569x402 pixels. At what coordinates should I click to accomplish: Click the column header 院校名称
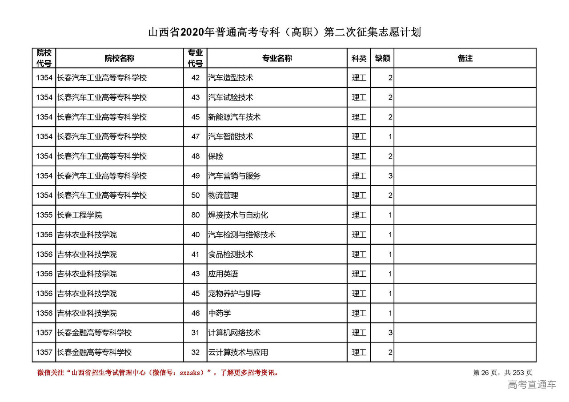[120, 58]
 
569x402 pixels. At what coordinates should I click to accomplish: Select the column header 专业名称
[277, 58]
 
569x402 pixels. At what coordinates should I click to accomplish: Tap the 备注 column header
[465, 58]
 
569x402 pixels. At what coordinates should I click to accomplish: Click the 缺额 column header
[382, 58]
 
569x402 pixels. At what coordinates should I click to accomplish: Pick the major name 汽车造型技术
[231, 78]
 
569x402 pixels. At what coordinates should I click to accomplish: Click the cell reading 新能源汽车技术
[234, 117]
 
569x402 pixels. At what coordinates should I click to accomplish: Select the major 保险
[216, 156]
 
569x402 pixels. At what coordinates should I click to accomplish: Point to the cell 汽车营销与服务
[234, 176]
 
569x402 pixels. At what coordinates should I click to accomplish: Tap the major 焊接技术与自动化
[238, 215]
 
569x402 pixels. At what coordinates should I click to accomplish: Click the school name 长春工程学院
[80, 215]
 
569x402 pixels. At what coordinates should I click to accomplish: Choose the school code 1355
[44, 215]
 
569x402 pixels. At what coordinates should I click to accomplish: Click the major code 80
[196, 215]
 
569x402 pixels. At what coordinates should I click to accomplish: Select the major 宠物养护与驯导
[234, 294]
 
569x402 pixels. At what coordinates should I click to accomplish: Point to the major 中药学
[220, 313]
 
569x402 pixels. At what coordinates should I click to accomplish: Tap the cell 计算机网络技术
[234, 333]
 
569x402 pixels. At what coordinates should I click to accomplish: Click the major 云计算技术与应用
[238, 352]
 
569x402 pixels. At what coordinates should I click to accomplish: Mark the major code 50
[196, 195]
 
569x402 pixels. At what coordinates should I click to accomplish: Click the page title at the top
[284, 32]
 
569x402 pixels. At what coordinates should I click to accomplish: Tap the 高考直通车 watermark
[532, 385]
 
